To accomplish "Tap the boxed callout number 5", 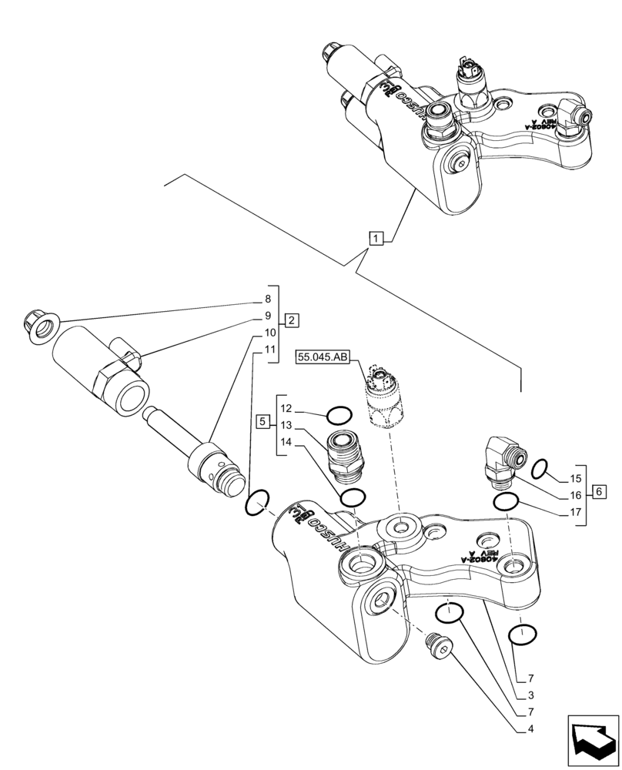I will [263, 422].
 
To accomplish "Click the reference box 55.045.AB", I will [322, 357].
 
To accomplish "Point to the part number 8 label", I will [268, 299].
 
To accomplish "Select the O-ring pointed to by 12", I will [339, 417].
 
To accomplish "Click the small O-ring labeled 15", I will [540, 467].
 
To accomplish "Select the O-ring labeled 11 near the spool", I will [256, 504].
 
